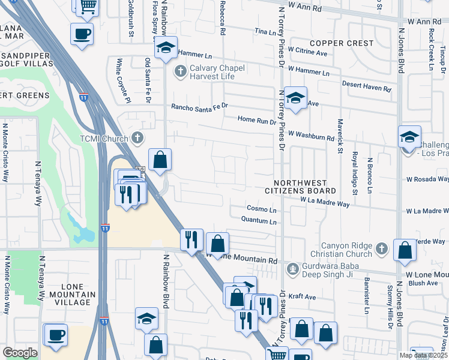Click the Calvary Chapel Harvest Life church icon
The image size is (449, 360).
pos(180,72)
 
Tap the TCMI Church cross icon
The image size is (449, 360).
pos(137,139)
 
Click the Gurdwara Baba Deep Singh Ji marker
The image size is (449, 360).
pos(293,268)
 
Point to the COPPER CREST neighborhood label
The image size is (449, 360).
pos(342,43)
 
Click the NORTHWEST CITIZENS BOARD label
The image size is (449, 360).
pos(300,187)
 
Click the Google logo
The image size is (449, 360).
pos(20,353)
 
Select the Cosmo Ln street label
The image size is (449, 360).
pos(262,209)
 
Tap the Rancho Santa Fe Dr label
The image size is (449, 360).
pos(200,106)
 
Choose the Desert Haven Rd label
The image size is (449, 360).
pos(366,88)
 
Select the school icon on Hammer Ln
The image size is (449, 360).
pos(164,49)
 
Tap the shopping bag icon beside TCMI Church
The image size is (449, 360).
pos(160,160)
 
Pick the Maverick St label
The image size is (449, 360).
pos(339,135)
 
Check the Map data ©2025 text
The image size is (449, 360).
pos(423,355)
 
